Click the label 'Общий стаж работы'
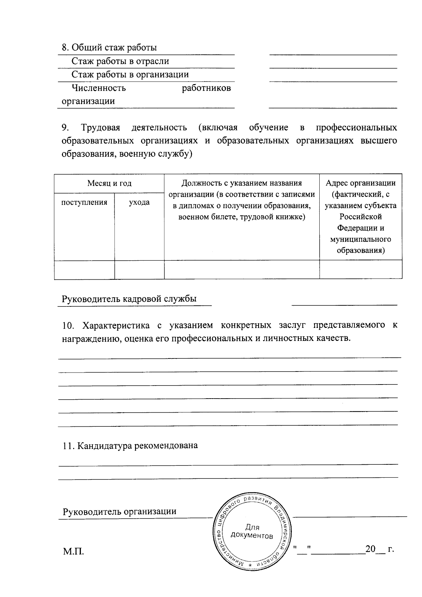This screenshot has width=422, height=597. pos(114,47)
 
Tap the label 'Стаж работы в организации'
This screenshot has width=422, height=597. pos(130,75)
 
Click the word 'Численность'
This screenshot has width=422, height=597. pos(98,88)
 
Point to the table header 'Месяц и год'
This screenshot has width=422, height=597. pos(109,183)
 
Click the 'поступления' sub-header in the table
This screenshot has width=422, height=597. pos(84,202)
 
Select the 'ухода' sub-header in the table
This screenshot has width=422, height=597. pos(139,202)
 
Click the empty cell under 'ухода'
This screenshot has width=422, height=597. pos(139,270)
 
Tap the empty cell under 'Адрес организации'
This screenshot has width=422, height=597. pos(360,270)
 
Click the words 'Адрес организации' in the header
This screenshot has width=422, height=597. pos(360,183)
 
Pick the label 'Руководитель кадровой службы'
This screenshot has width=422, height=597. pos(129,299)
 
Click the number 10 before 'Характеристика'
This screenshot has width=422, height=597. pos(68,325)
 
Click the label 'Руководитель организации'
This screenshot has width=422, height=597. pos(120,512)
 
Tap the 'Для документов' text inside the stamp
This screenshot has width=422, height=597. pos(252,532)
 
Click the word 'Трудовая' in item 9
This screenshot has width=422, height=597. pos(101,127)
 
